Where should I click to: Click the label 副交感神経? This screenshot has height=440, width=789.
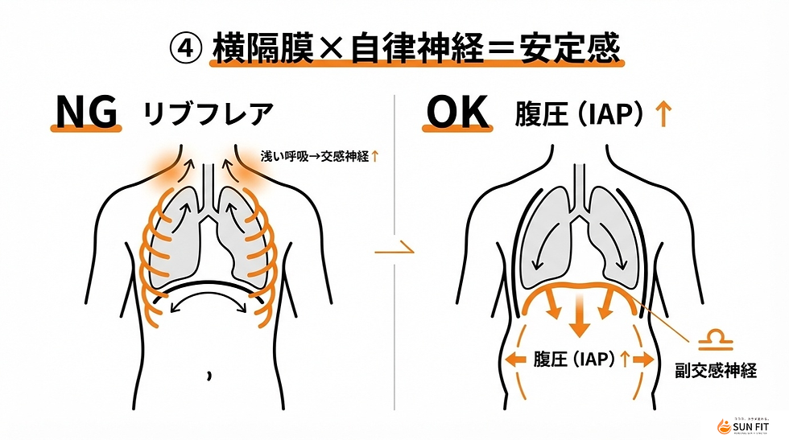tap(715, 372)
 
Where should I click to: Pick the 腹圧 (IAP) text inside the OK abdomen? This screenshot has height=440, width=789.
tap(572, 360)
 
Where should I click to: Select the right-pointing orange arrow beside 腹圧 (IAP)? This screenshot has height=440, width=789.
tap(642, 360)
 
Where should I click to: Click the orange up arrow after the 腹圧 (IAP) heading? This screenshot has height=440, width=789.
tap(663, 115)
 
